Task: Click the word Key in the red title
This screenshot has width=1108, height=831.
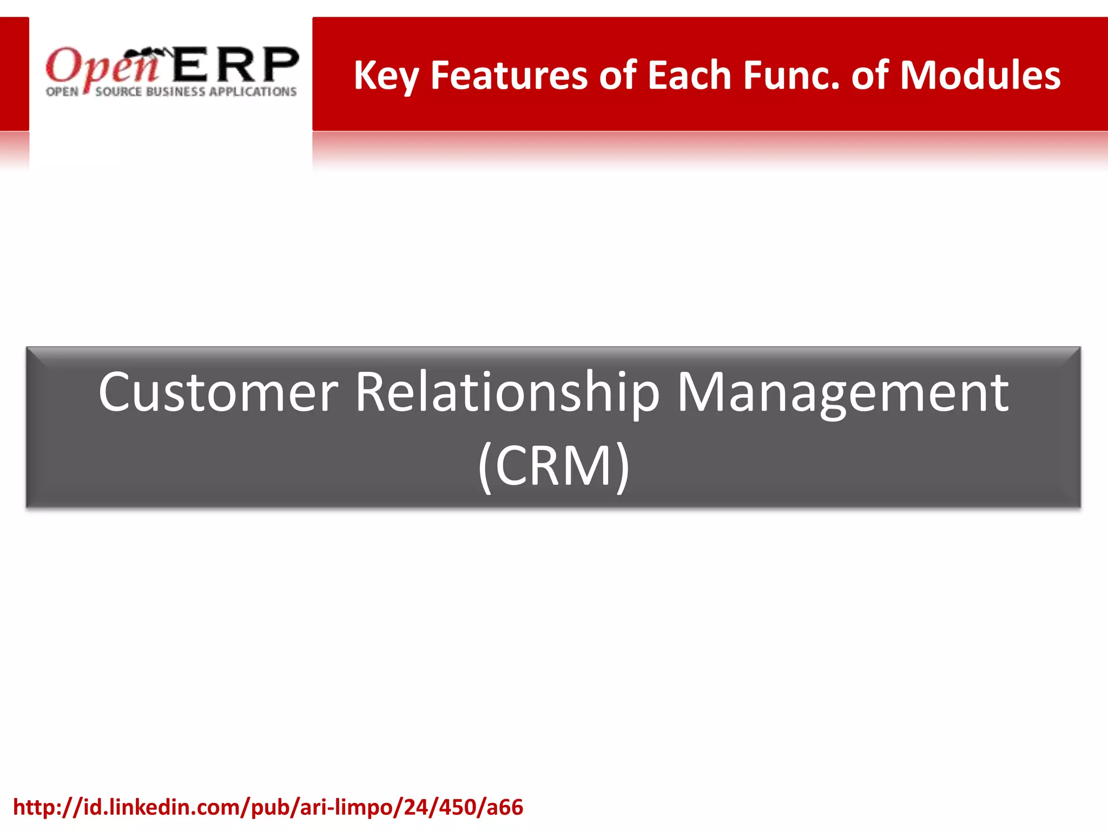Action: point(386,76)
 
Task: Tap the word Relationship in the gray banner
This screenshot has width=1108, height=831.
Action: point(507,394)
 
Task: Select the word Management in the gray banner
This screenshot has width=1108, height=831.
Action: point(842,394)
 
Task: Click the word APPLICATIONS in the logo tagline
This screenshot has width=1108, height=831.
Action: point(253,92)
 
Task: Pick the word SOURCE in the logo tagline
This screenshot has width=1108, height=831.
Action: point(118,92)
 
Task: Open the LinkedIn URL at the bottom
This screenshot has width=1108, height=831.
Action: point(268,807)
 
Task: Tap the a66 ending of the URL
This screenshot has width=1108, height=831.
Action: point(505,807)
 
